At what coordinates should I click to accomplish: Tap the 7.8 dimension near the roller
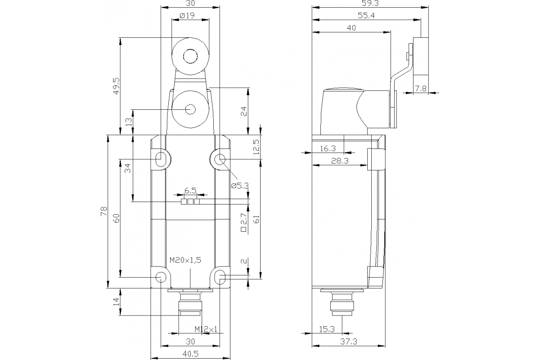point(421,89)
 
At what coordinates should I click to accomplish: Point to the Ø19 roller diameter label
point(186,16)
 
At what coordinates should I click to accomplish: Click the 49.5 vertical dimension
point(117,85)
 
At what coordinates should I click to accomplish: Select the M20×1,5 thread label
point(184,260)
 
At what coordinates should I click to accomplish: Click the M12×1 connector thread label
point(206,329)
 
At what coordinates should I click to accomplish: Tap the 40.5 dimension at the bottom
point(190,354)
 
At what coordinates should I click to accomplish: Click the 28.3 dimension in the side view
point(342,161)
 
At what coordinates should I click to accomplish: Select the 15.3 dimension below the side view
point(326,329)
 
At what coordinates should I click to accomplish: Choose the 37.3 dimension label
point(348,342)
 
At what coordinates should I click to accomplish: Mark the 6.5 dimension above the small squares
point(190,191)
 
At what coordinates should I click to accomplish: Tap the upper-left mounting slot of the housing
point(161,158)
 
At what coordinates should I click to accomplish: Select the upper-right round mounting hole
point(220,159)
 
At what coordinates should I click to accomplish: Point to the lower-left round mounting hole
point(160,276)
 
